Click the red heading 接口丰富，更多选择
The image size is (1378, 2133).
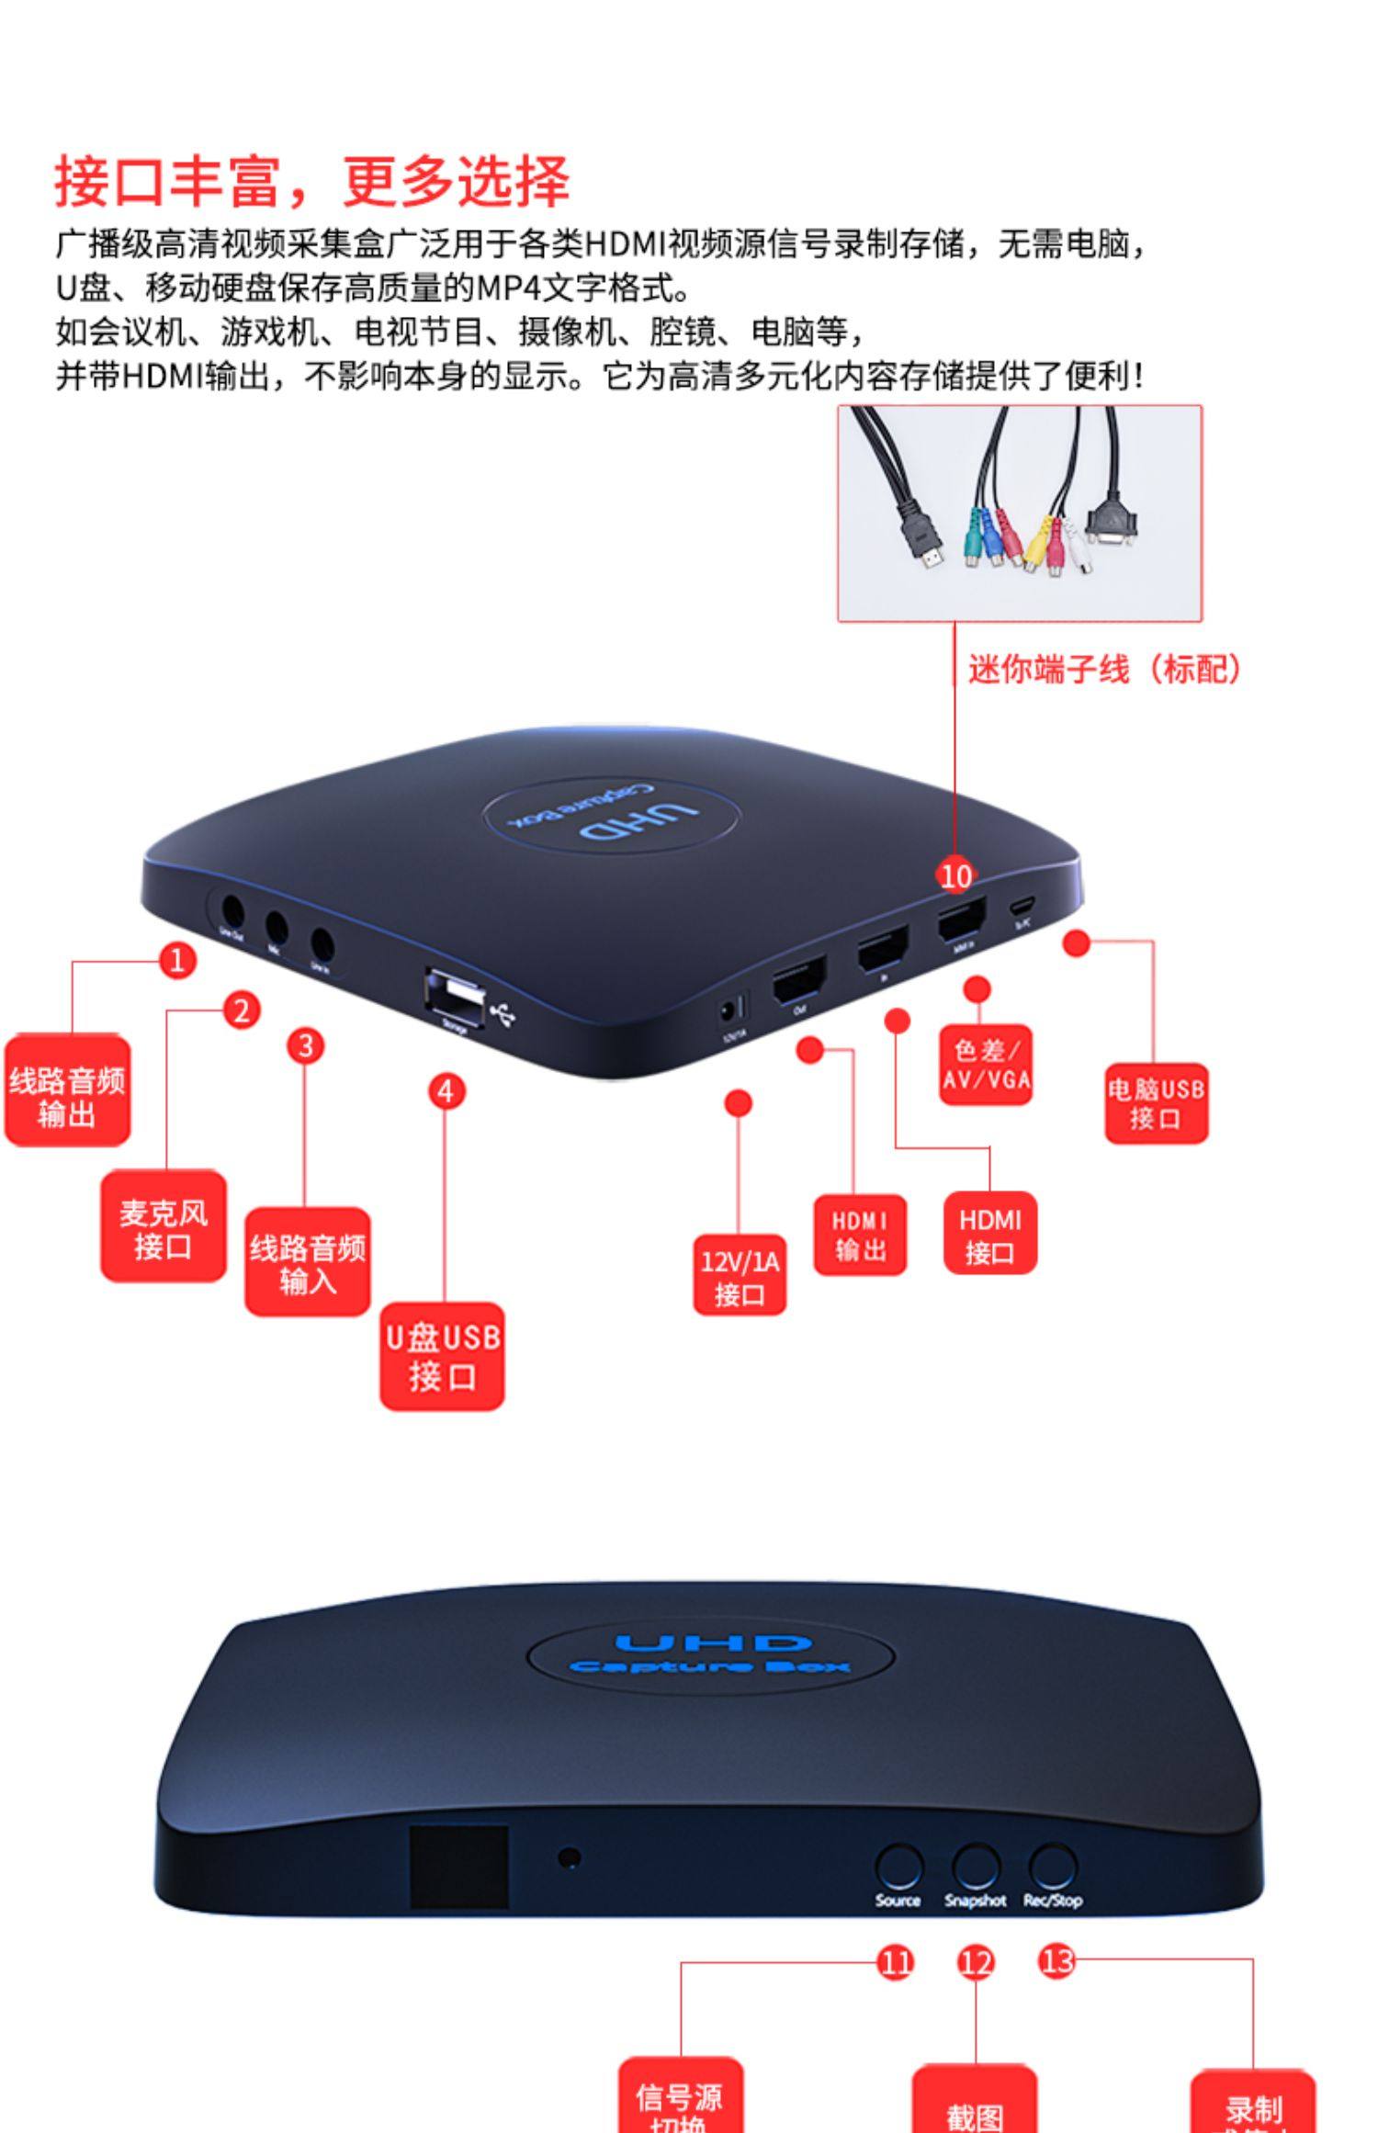(312, 181)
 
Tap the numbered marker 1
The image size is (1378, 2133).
(177, 961)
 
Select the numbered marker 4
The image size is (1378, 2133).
(446, 1091)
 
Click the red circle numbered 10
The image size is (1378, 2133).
(955, 875)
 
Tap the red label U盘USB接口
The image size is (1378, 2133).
(443, 1357)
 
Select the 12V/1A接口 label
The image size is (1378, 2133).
(740, 1277)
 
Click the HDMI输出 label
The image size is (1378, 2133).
(860, 1236)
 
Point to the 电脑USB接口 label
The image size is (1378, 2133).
(1156, 1103)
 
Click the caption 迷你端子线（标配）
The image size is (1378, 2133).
(1105, 669)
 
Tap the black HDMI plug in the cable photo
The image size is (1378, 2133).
(922, 542)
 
